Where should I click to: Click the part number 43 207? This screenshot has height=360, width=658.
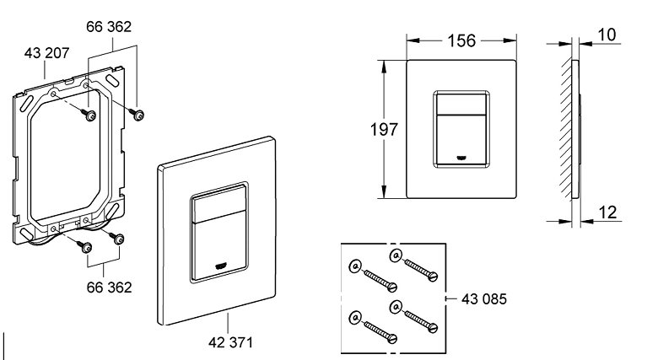coord(46,53)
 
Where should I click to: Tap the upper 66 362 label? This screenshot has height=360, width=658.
coord(109,27)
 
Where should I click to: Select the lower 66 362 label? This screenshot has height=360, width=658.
coord(109,287)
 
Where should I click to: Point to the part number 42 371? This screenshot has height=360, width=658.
coord(231,342)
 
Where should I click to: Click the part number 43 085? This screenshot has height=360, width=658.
coord(484,299)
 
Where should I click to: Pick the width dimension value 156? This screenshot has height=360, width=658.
coord(461,40)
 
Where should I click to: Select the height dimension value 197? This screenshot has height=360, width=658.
coord(384,129)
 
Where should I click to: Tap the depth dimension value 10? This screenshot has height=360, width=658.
coord(607,35)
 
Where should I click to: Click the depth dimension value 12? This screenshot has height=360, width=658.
coord(607,212)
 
